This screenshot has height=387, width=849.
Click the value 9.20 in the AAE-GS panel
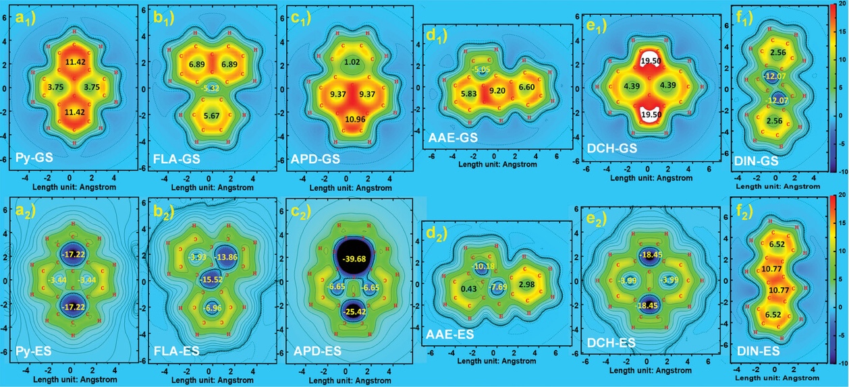497,90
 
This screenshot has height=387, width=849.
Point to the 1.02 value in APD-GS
352,63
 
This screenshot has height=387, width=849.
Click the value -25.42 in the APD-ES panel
351,312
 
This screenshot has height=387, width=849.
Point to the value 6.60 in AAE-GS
526,88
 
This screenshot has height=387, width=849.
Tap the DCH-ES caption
611,343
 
